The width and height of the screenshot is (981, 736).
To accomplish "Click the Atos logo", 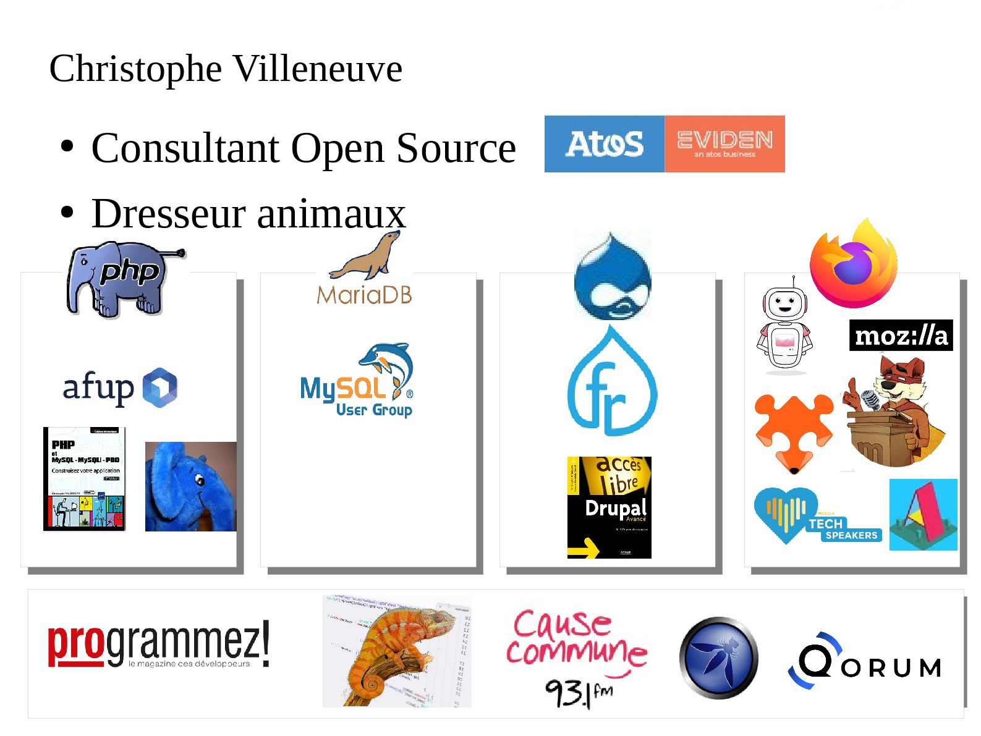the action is click(604, 143).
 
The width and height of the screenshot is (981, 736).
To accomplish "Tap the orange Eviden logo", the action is click(724, 143).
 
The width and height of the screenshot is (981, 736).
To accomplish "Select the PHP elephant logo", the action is click(124, 279).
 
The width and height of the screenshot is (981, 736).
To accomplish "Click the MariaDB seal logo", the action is click(365, 269).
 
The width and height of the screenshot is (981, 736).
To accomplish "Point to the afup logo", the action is click(120, 388).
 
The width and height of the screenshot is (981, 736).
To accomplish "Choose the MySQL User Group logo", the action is click(357, 381).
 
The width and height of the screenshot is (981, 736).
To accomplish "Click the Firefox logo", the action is click(854, 264).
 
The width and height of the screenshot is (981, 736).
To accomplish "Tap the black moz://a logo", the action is click(901, 336).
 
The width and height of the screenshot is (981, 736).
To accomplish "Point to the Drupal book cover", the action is click(609, 507).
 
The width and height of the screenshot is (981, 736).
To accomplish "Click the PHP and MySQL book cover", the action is click(84, 479).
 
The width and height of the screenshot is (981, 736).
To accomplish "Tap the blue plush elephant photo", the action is click(190, 486).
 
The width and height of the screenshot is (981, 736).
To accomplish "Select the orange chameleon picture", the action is click(397, 651).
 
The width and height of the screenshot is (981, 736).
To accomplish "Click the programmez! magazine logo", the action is click(158, 645).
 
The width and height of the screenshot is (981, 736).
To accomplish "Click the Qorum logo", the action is click(865, 661).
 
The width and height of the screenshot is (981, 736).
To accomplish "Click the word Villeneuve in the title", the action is click(318, 69).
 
